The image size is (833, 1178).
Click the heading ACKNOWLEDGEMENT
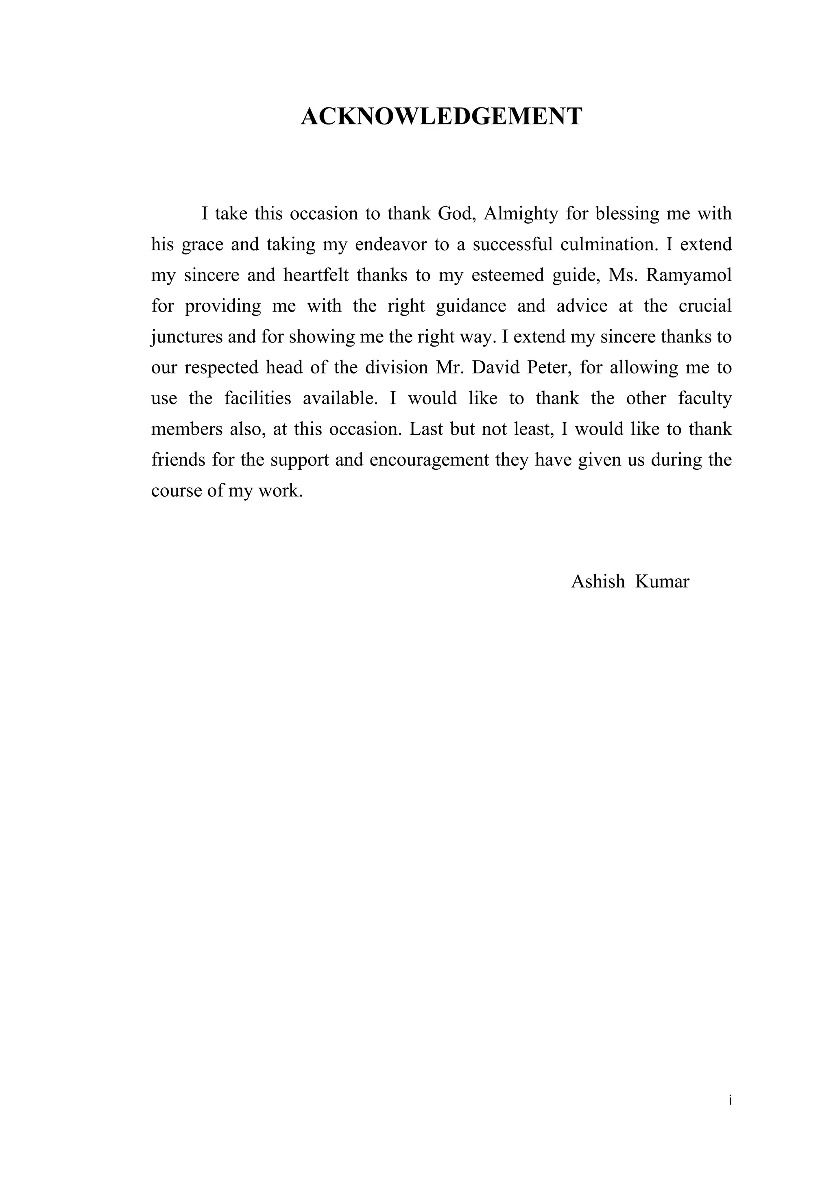(x=441, y=117)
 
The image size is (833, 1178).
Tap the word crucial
(x=705, y=306)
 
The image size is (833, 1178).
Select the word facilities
(x=257, y=398)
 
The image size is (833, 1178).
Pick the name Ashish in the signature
(x=598, y=581)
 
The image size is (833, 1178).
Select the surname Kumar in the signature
(x=662, y=581)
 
